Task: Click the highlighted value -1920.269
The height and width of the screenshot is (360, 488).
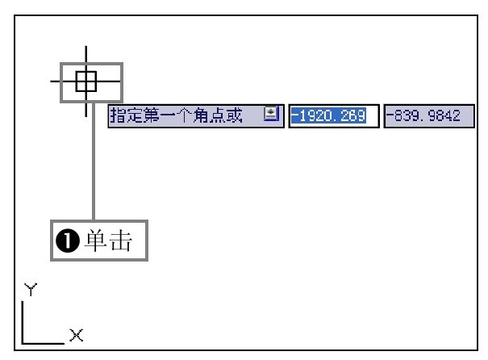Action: (x=328, y=116)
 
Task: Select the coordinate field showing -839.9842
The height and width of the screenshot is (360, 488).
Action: (x=429, y=116)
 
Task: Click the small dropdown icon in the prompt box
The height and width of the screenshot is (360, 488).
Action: (x=271, y=114)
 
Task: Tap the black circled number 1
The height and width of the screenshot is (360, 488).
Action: (x=68, y=241)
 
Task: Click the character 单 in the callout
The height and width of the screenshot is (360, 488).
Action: (x=97, y=240)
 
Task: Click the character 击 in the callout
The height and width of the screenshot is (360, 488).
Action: (x=121, y=240)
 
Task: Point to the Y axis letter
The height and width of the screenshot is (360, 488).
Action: (x=31, y=289)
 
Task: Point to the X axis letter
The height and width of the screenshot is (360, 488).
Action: (x=77, y=336)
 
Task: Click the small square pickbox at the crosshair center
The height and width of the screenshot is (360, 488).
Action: (x=86, y=82)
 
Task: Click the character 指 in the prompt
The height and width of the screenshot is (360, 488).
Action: (x=118, y=115)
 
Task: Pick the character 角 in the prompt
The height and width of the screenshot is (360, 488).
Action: (x=201, y=115)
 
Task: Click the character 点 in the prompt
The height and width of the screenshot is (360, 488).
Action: (x=217, y=115)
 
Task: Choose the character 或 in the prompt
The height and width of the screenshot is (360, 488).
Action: (x=234, y=115)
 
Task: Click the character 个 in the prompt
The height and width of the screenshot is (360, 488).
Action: (x=184, y=115)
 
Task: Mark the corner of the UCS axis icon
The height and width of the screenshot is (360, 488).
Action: (x=23, y=343)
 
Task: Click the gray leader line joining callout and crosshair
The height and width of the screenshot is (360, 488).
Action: (x=94, y=161)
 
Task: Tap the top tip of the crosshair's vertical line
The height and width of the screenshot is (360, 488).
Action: (x=86, y=46)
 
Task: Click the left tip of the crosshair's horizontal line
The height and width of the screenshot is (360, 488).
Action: (x=51, y=82)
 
